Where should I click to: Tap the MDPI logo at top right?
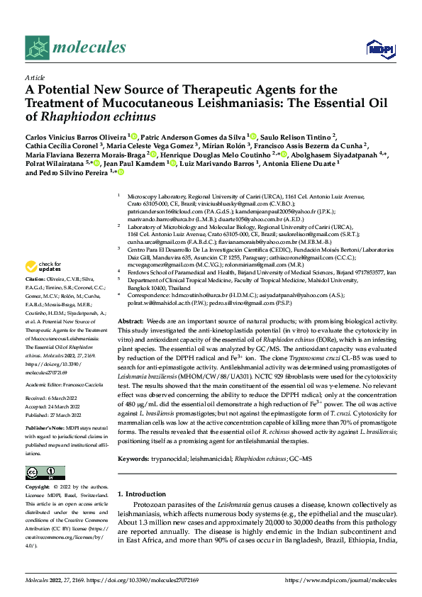coord(377,48)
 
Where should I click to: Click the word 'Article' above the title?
coord(34,78)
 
